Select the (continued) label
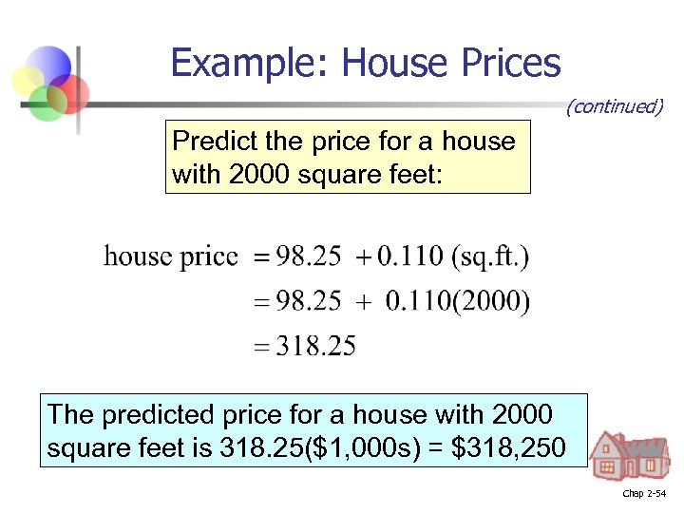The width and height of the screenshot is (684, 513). coord(614,106)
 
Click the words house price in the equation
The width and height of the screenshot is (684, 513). coord(170,256)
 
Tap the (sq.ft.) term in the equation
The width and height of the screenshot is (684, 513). coord(490,256)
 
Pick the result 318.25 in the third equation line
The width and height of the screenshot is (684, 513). coord(315,347)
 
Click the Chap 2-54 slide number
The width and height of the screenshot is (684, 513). coord(644,494)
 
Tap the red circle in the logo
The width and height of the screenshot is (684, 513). coord(71,93)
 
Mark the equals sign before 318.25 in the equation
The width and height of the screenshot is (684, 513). coord(261,348)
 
